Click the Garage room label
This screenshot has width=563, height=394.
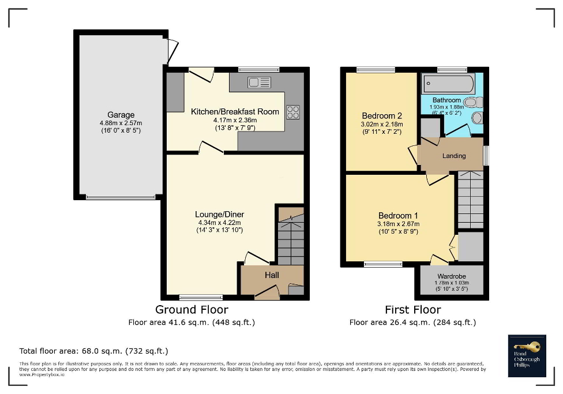[121, 115]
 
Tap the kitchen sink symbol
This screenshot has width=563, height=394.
[259, 82]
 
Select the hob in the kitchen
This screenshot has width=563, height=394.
[293, 111]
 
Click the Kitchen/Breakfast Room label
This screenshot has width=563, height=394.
[235, 111]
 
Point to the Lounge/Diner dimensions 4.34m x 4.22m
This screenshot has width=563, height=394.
[219, 223]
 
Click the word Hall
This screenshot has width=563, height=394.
[272, 275]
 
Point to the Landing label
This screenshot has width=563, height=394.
[454, 156]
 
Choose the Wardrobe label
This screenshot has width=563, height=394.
[452, 276]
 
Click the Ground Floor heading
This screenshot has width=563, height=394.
[191, 310]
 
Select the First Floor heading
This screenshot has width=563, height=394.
[412, 310]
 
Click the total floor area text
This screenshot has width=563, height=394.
[93, 351]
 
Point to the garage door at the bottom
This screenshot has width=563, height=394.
[121, 197]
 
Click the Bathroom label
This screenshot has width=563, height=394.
[446, 100]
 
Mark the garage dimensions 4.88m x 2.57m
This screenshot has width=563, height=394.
[121, 123]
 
